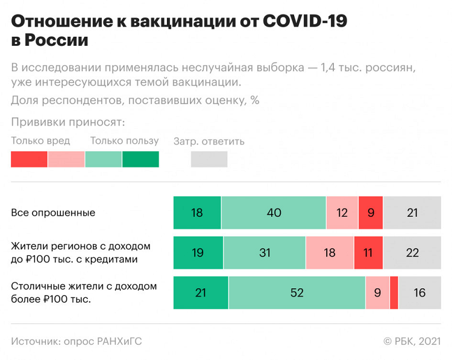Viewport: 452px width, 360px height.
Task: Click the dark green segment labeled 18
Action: [197, 213]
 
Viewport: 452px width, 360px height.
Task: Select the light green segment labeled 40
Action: [274, 213]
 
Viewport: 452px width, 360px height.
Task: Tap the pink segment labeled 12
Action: [342, 213]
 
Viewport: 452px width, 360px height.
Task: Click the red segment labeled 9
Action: [371, 213]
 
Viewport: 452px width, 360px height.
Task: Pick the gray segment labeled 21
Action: [412, 213]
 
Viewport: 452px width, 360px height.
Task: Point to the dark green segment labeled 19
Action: [198, 253]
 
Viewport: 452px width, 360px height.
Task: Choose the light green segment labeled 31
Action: [265, 253]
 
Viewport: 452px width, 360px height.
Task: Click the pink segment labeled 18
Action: [330, 253]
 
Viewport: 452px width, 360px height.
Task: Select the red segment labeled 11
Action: [368, 253]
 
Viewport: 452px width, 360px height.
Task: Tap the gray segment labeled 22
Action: [412, 253]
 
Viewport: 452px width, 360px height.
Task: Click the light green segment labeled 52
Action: [297, 293]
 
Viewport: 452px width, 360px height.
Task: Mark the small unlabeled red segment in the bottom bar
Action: [394, 293]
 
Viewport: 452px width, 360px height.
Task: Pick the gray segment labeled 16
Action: [419, 293]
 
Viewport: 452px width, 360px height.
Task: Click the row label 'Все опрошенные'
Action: [53, 213]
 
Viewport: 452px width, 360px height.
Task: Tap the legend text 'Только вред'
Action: [40, 141]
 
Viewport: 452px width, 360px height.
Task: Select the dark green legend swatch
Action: [140, 159]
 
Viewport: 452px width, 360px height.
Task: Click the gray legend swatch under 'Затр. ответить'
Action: [209, 159]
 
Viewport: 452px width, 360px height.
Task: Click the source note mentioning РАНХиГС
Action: [77, 341]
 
